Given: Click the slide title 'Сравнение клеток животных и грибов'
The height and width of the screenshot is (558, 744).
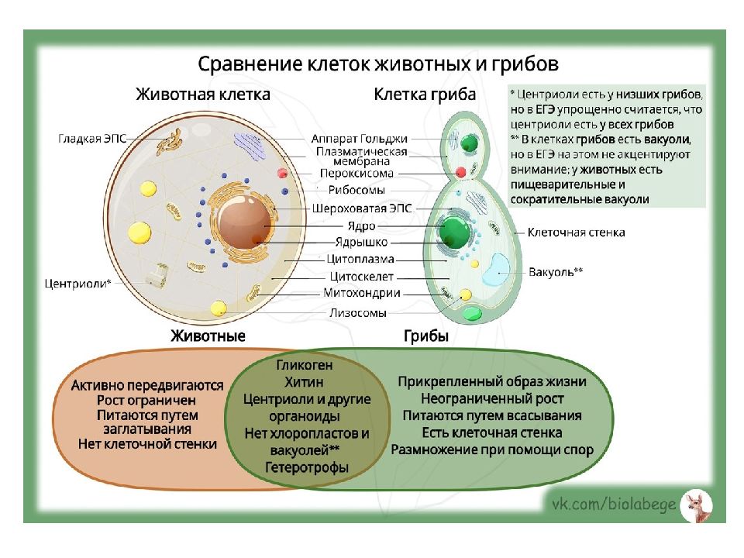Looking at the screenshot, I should point(377,63).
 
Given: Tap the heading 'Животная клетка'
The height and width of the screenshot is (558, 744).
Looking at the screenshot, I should point(203,95).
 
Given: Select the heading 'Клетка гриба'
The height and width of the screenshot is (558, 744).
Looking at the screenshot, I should point(425,95).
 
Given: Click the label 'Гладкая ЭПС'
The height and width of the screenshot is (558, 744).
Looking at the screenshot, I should point(91,139).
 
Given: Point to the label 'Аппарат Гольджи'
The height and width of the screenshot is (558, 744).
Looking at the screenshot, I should point(359,139).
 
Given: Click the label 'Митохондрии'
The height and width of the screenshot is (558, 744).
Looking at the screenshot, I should point(362,293).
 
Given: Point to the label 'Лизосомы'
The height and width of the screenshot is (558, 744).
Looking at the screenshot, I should point(357,313).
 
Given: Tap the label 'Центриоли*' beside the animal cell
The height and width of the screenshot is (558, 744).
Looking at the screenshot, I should point(79,283).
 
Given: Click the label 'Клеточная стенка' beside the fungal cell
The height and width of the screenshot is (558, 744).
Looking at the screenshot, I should point(576,232).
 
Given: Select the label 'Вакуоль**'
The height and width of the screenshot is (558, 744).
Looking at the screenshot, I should point(556,272).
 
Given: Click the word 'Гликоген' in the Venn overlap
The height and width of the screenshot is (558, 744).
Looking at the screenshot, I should point(304,365).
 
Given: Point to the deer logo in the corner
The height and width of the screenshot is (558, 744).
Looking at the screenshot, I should point(695,505).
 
